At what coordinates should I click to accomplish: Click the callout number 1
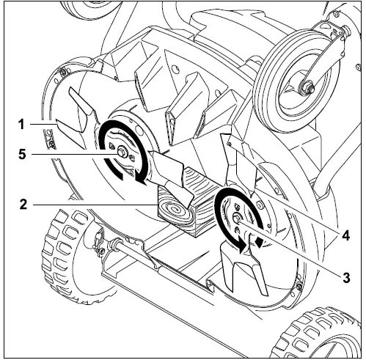tap(23, 125)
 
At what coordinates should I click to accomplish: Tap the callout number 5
tap(23, 155)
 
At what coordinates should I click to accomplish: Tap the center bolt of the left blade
tap(119, 153)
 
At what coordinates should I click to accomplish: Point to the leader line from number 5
tap(73, 154)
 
